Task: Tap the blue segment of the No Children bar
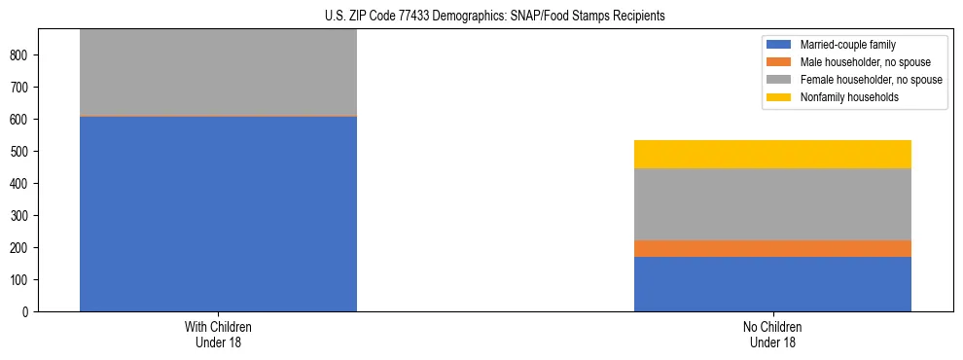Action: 772,284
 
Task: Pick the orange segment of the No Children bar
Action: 772,248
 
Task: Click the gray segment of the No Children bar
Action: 772,204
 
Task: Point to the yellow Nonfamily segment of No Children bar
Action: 772,154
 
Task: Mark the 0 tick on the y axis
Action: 31,312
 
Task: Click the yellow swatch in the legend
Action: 779,97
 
